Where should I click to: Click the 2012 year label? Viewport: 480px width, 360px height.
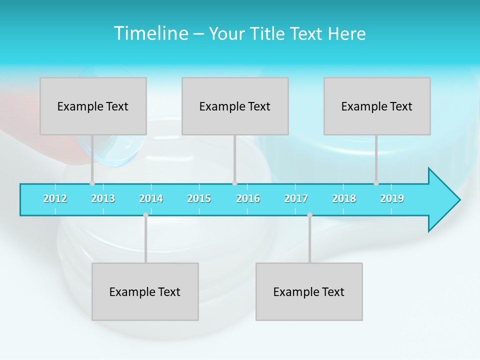[55, 198]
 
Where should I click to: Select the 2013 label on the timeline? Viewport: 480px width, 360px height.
[103, 198]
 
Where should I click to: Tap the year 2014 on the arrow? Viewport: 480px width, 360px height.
[151, 198]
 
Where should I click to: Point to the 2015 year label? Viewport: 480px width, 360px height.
[199, 198]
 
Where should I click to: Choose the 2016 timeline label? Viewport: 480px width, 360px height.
[248, 198]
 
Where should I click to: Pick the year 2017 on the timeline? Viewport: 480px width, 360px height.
[296, 198]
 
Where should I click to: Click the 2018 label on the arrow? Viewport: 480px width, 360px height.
[344, 198]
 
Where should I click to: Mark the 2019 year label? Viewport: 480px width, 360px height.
[392, 198]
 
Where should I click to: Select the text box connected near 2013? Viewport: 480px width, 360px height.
[93, 106]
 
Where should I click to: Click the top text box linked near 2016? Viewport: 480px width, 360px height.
[235, 106]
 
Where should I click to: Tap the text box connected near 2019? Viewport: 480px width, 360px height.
[377, 106]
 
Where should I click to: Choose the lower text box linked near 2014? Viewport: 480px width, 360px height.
[145, 291]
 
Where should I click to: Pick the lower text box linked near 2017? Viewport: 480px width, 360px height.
[309, 291]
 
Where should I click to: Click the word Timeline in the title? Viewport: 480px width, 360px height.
[150, 33]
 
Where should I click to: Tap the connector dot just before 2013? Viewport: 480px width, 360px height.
[92, 183]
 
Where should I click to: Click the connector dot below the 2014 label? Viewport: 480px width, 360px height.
[145, 215]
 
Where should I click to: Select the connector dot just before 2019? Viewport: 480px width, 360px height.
[376, 183]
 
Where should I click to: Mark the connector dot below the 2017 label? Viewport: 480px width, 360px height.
[309, 215]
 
